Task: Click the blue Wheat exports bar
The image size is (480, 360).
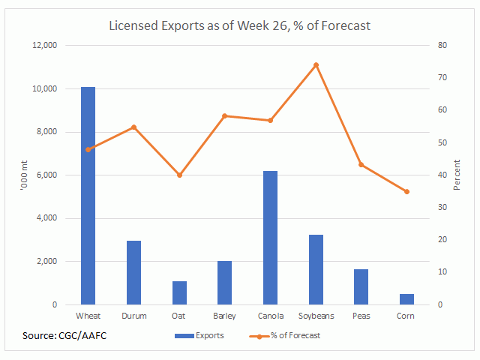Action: coord(88,196)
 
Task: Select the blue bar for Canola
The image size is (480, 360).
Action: coord(270,238)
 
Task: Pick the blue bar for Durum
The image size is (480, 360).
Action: coord(133,273)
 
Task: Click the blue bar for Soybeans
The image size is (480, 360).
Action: coord(316,270)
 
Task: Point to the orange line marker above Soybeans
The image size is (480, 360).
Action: coord(316,64)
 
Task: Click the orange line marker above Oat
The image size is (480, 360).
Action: coord(179,175)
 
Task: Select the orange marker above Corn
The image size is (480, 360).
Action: coord(406,192)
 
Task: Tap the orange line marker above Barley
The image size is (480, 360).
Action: coord(225,116)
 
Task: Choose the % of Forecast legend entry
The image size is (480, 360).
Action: coord(285,335)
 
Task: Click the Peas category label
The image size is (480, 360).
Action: coord(361,316)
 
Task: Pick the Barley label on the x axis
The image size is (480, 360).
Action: coord(225,316)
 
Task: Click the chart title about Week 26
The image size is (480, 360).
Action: coord(240,25)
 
